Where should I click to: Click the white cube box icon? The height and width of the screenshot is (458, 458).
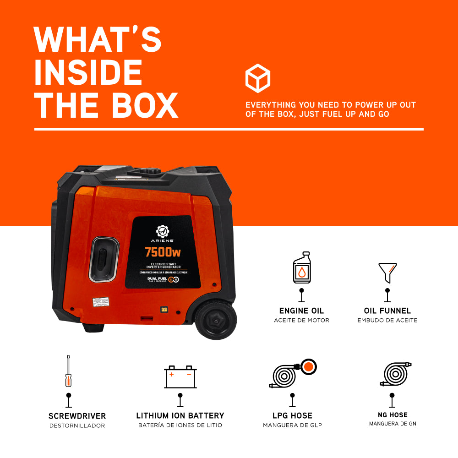coord(258,78)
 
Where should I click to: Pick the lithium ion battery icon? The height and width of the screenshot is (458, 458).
coord(180,377)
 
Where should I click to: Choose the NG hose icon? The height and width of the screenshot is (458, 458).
coord(395,375)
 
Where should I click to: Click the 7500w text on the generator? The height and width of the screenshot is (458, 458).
coord(163,252)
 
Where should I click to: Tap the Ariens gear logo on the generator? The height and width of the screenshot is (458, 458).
coord(163,231)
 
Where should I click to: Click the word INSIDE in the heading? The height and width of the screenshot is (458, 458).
coord(88,73)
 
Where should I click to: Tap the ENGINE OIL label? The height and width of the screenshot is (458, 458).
coord(301,311)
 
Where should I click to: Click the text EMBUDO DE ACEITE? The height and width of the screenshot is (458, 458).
coord(387,321)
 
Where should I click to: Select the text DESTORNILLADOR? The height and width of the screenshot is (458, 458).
coord(77,426)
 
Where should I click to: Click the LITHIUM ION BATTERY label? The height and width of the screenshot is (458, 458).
coord(180,416)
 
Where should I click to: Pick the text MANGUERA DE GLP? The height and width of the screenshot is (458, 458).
coord(292,425)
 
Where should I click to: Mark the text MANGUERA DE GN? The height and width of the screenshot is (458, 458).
coord(393,424)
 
